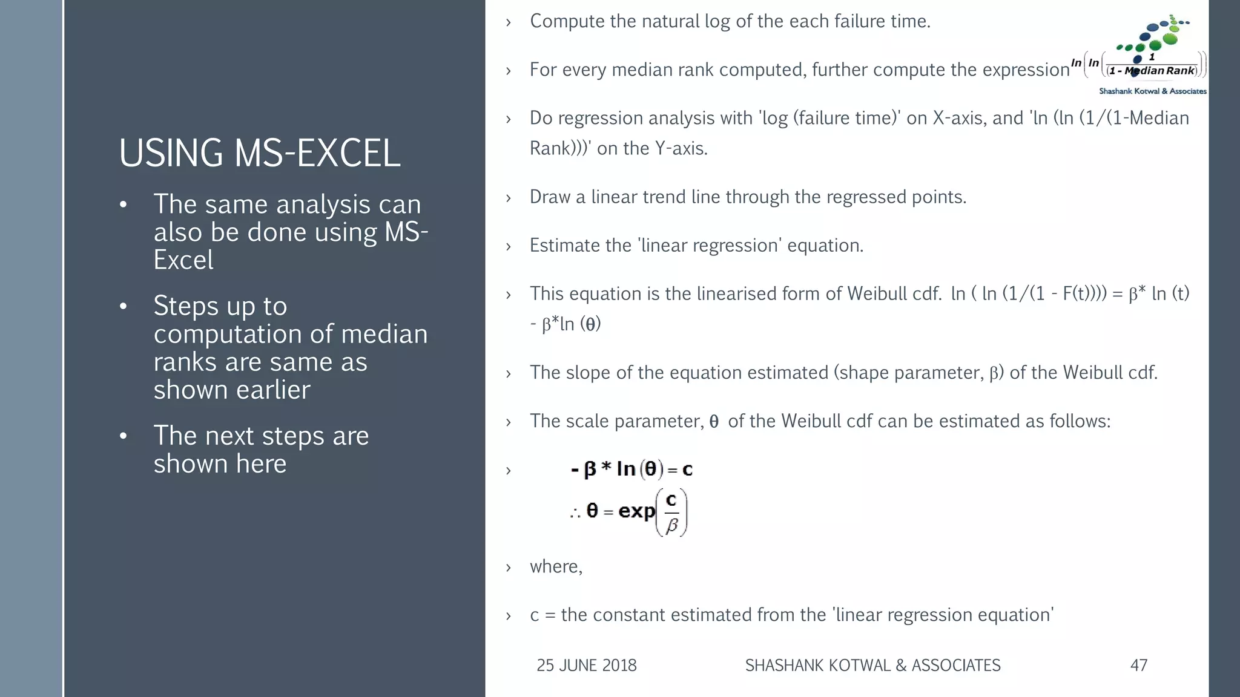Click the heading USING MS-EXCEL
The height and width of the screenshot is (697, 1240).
pos(259,152)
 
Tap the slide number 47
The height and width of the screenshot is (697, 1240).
pos(1138,665)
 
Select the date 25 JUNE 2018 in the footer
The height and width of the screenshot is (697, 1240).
pos(586,665)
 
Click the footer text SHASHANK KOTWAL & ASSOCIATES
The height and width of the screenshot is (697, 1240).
pos(872,665)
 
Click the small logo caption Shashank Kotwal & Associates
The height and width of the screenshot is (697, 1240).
pos(1152,91)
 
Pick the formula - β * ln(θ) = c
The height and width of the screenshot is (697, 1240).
pos(632,469)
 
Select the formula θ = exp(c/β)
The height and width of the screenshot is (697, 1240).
pos(628,512)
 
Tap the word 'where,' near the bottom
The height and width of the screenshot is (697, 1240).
pos(556,566)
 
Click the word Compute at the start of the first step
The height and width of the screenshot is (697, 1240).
pos(567,22)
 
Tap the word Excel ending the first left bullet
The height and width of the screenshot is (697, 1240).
pos(183,260)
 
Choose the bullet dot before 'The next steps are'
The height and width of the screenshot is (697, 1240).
pos(124,436)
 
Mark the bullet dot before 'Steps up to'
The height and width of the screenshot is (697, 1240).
pos(124,306)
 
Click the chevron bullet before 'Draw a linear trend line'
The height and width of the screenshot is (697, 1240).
pos(509,198)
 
